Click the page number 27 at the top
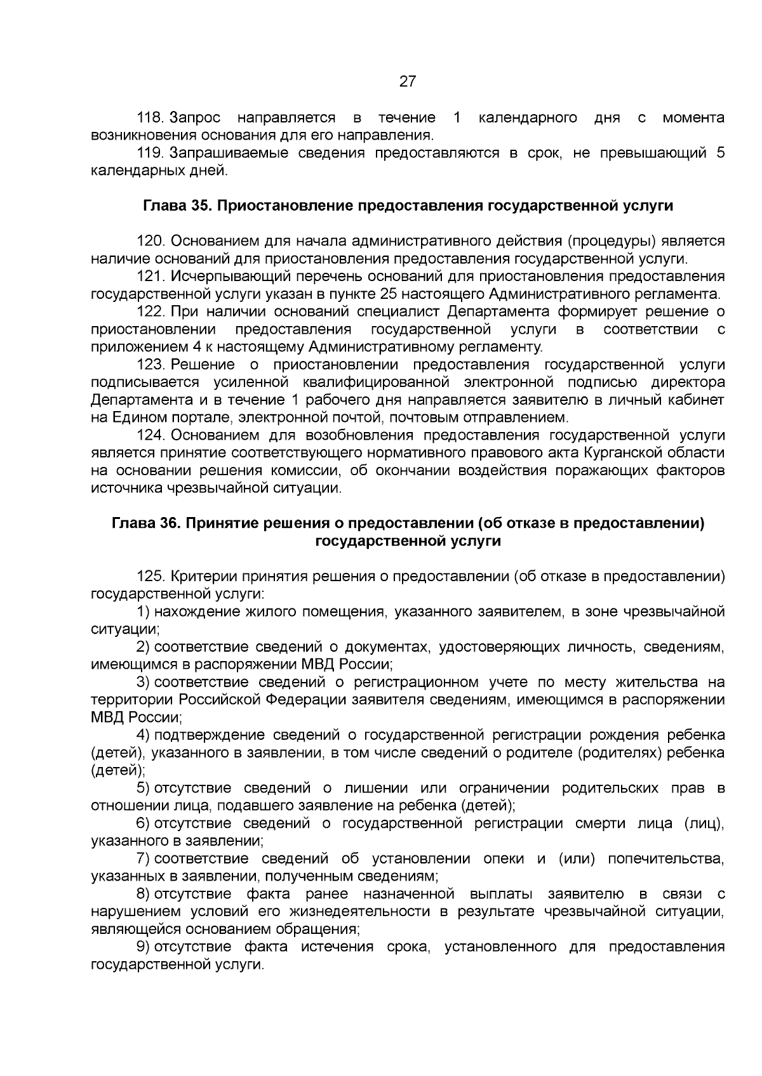[407, 81]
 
